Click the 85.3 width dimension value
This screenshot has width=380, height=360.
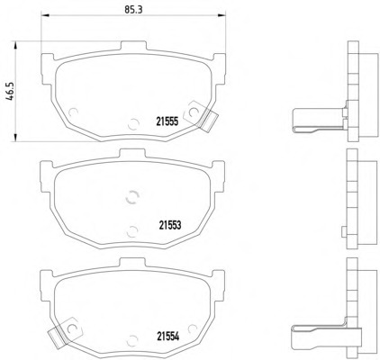coord(133,9)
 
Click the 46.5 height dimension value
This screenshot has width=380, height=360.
coord(10,92)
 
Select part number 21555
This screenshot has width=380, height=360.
coord(167,121)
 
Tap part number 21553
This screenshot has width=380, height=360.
coord(170,225)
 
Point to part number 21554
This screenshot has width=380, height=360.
coord(167,337)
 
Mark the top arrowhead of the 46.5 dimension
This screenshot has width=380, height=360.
coord(14,46)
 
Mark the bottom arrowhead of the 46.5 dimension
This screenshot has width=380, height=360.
coord(14,137)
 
